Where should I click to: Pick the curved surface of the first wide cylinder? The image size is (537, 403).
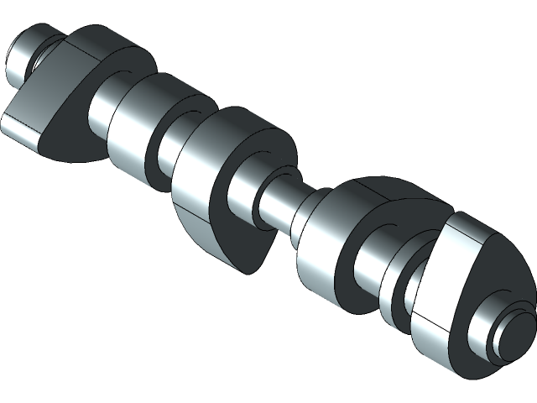(134, 126)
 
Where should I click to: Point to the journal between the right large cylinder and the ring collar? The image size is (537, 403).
(369, 269)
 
